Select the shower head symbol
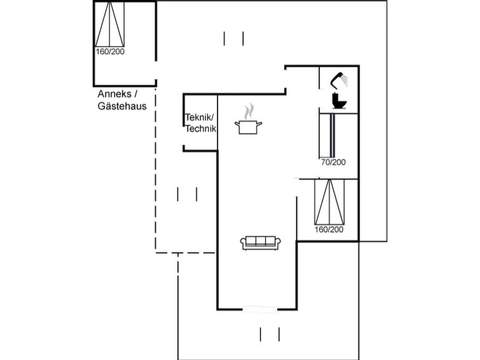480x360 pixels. [339, 80]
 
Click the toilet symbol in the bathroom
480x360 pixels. [339, 100]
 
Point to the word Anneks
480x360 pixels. [113, 94]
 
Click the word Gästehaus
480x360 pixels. [122, 106]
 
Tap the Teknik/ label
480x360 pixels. [200, 118]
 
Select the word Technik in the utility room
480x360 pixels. [201, 128]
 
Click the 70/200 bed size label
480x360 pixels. [333, 162]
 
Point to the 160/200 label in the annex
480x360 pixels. [110, 52]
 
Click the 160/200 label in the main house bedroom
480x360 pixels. [329, 230]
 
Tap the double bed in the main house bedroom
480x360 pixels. [329, 202]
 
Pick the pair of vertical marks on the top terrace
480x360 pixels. [234, 38]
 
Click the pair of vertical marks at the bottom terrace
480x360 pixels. [270, 334]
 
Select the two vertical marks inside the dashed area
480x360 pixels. [188, 193]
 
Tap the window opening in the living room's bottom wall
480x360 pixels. [261, 310]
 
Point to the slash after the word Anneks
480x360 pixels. [135, 94]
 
